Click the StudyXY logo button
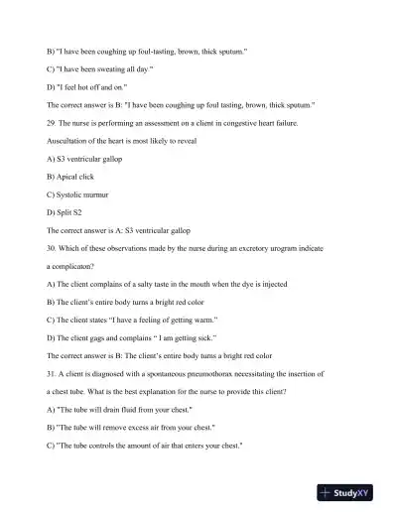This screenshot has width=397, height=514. pyautogui.click(x=352, y=492)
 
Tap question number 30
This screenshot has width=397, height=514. pyautogui.click(x=53, y=249)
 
